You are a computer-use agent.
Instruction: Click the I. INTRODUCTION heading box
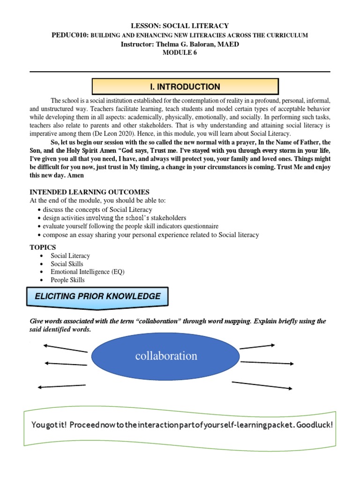click(185, 87)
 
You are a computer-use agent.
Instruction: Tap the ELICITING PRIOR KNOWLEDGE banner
click(95, 297)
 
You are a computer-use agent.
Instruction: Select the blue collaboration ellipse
click(166, 356)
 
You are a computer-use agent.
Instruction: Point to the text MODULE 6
click(180, 52)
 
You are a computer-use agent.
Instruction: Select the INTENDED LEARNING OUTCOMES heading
click(90, 192)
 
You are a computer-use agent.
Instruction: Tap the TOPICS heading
click(43, 247)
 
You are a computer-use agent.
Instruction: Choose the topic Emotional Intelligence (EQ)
click(88, 272)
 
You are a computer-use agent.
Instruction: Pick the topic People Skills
click(67, 280)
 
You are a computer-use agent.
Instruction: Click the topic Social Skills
click(67, 264)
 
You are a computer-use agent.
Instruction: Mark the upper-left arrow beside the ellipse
click(65, 348)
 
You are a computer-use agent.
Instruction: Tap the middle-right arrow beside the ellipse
click(267, 363)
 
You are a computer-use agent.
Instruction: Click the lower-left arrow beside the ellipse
click(61, 387)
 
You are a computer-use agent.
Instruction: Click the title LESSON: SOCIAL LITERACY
click(180, 26)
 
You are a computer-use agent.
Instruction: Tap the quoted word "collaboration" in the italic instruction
click(158, 322)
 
